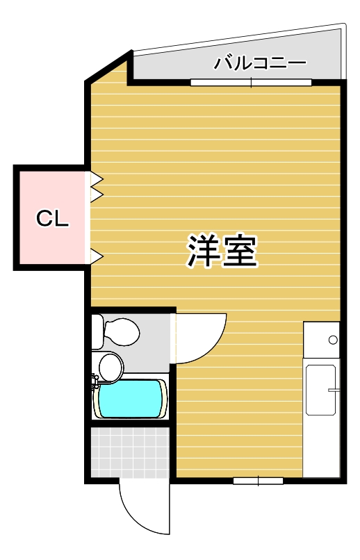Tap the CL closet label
tap(52, 219)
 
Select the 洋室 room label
tap(222, 252)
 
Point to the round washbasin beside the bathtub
tap(110, 365)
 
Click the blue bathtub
tap(132, 399)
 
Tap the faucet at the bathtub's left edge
tap(96, 381)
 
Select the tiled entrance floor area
tap(131, 452)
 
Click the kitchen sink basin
tap(321, 389)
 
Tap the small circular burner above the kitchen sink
tap(333, 340)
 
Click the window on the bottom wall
tap(258, 480)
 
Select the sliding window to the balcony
tap(251, 83)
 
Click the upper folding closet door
tap(96, 186)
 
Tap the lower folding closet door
tap(96, 256)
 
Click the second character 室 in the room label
tap(240, 252)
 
